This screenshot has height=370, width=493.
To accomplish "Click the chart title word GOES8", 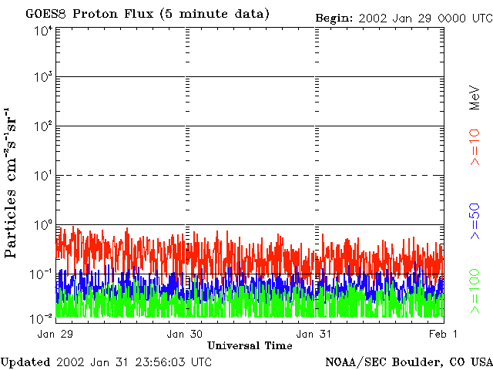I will (x=42, y=14).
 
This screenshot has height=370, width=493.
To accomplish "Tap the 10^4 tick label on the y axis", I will (x=43, y=30).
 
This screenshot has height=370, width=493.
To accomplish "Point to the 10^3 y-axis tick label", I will (x=43, y=78).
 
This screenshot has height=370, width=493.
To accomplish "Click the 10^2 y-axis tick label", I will (x=43, y=126).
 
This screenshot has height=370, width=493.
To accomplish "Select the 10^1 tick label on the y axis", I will (x=43, y=176).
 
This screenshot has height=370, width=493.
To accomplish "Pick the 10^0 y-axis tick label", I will (x=43, y=225).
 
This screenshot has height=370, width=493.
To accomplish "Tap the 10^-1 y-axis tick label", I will (x=43, y=274).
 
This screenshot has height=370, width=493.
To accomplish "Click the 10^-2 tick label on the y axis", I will (x=43, y=317).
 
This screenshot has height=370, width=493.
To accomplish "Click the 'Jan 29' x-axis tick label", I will (x=55, y=334).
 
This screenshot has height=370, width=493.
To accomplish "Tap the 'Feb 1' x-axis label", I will (x=444, y=334).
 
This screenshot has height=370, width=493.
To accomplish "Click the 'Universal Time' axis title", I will (x=250, y=345).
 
